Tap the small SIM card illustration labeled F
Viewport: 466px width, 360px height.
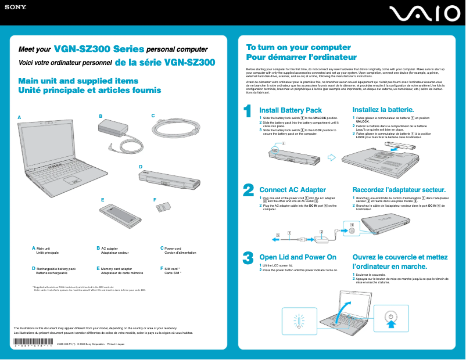click(165, 207)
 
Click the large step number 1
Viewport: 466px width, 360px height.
click(248, 110)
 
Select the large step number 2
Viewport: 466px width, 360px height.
click(248, 190)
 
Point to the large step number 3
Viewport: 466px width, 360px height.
click(248, 257)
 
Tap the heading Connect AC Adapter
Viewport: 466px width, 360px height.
click(292, 190)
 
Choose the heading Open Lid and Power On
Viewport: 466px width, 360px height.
click(297, 257)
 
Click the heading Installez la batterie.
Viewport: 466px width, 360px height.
click(383, 110)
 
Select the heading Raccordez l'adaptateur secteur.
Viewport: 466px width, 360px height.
click(399, 190)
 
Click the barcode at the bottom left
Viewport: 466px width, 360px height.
click(33, 342)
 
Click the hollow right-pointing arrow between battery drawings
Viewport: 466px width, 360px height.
click(332, 157)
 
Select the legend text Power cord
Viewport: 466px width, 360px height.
click(173, 248)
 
